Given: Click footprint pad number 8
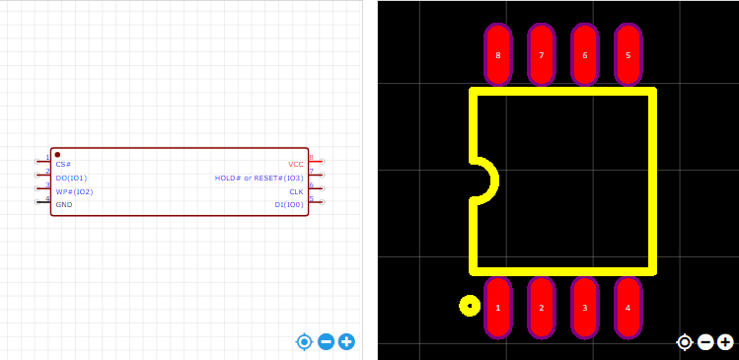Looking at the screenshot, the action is [x=498, y=54].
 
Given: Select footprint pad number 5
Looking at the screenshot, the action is [x=628, y=54].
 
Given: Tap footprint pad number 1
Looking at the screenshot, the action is [x=498, y=308].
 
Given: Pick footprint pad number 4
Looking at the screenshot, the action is [x=628, y=308].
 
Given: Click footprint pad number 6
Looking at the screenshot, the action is [x=585, y=54].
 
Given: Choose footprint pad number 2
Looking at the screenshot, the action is [x=542, y=308].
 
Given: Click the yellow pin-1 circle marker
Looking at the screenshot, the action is [x=470, y=306].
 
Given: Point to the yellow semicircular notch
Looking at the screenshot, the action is [x=494, y=180].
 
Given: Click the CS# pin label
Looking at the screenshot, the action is [x=63, y=165].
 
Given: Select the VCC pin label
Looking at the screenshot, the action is [x=296, y=165].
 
